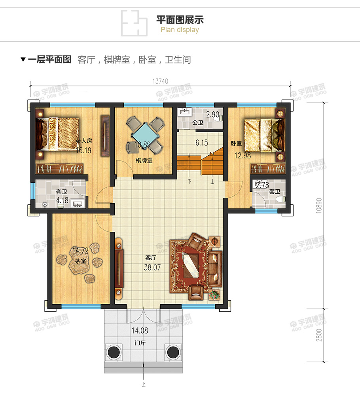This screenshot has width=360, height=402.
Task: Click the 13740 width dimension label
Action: click(x=160, y=81)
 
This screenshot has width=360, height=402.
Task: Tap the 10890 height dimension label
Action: click(x=318, y=206)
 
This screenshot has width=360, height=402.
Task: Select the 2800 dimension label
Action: click(x=318, y=335)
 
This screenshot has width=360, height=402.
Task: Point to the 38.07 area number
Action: click(x=152, y=267)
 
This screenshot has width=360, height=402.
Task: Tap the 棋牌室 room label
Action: click(x=144, y=160)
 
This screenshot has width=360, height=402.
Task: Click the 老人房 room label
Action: click(x=84, y=140)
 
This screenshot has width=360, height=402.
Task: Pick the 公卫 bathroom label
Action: click(x=197, y=123)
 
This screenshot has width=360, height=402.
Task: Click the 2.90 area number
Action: click(x=213, y=114)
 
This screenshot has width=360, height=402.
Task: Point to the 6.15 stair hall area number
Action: click(x=201, y=143)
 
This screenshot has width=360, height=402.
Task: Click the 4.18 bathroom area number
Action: click(x=63, y=200)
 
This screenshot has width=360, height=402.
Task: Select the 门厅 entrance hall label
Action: click(x=140, y=343)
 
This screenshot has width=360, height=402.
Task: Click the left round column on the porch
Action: click(x=114, y=352)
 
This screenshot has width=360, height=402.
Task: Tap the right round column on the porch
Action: click(x=172, y=352)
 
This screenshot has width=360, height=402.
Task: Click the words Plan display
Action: click(x=180, y=30)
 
